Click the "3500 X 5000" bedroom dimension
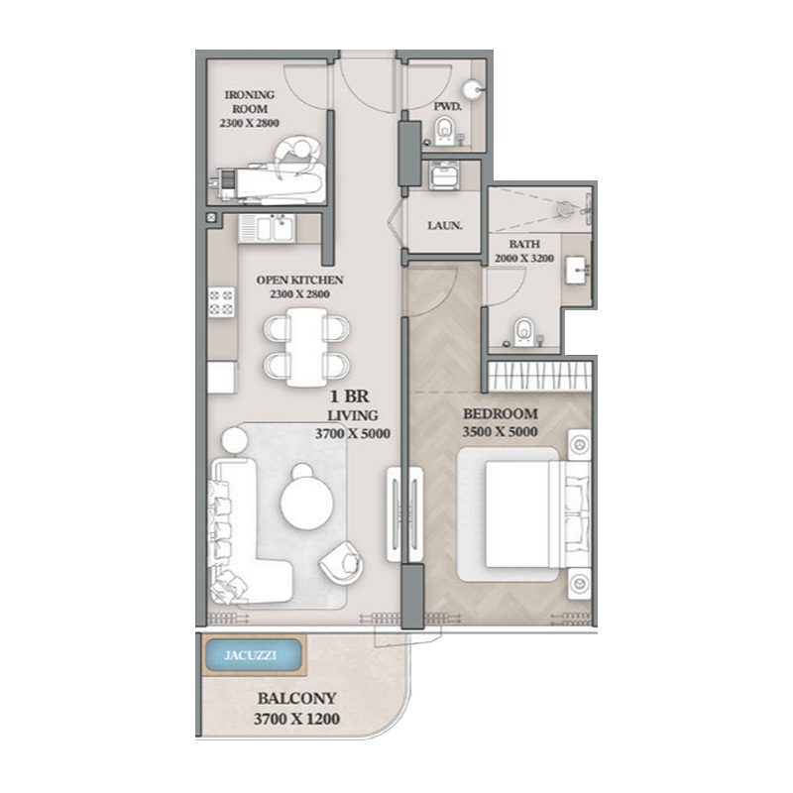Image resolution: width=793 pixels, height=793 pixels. pos(500,432)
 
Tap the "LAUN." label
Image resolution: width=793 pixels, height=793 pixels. pos(444,225)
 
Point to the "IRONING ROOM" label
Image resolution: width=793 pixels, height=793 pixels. pos(249,101)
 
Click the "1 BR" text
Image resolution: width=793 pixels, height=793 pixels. pos(354,394)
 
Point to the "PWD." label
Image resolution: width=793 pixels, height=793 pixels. pos(446,105)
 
